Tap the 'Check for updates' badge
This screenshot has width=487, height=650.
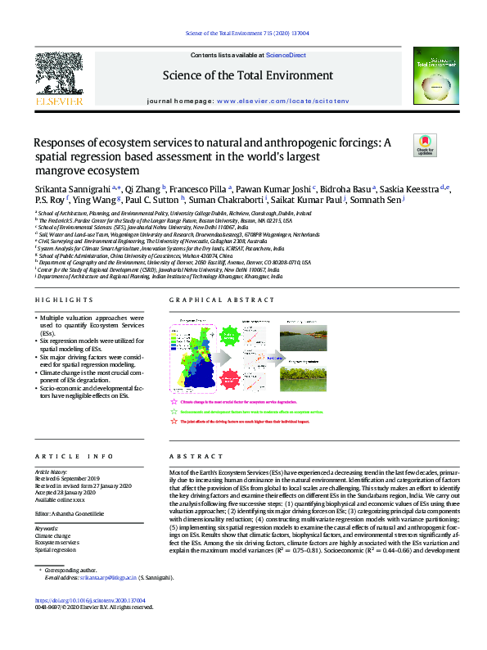pyautogui.click(x=426, y=145)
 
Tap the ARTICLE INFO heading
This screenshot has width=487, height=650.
pyautogui.click(x=69, y=455)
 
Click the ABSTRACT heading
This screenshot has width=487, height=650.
pyautogui.click(x=190, y=455)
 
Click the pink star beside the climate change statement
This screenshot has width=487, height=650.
pyautogui.click(x=173, y=403)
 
